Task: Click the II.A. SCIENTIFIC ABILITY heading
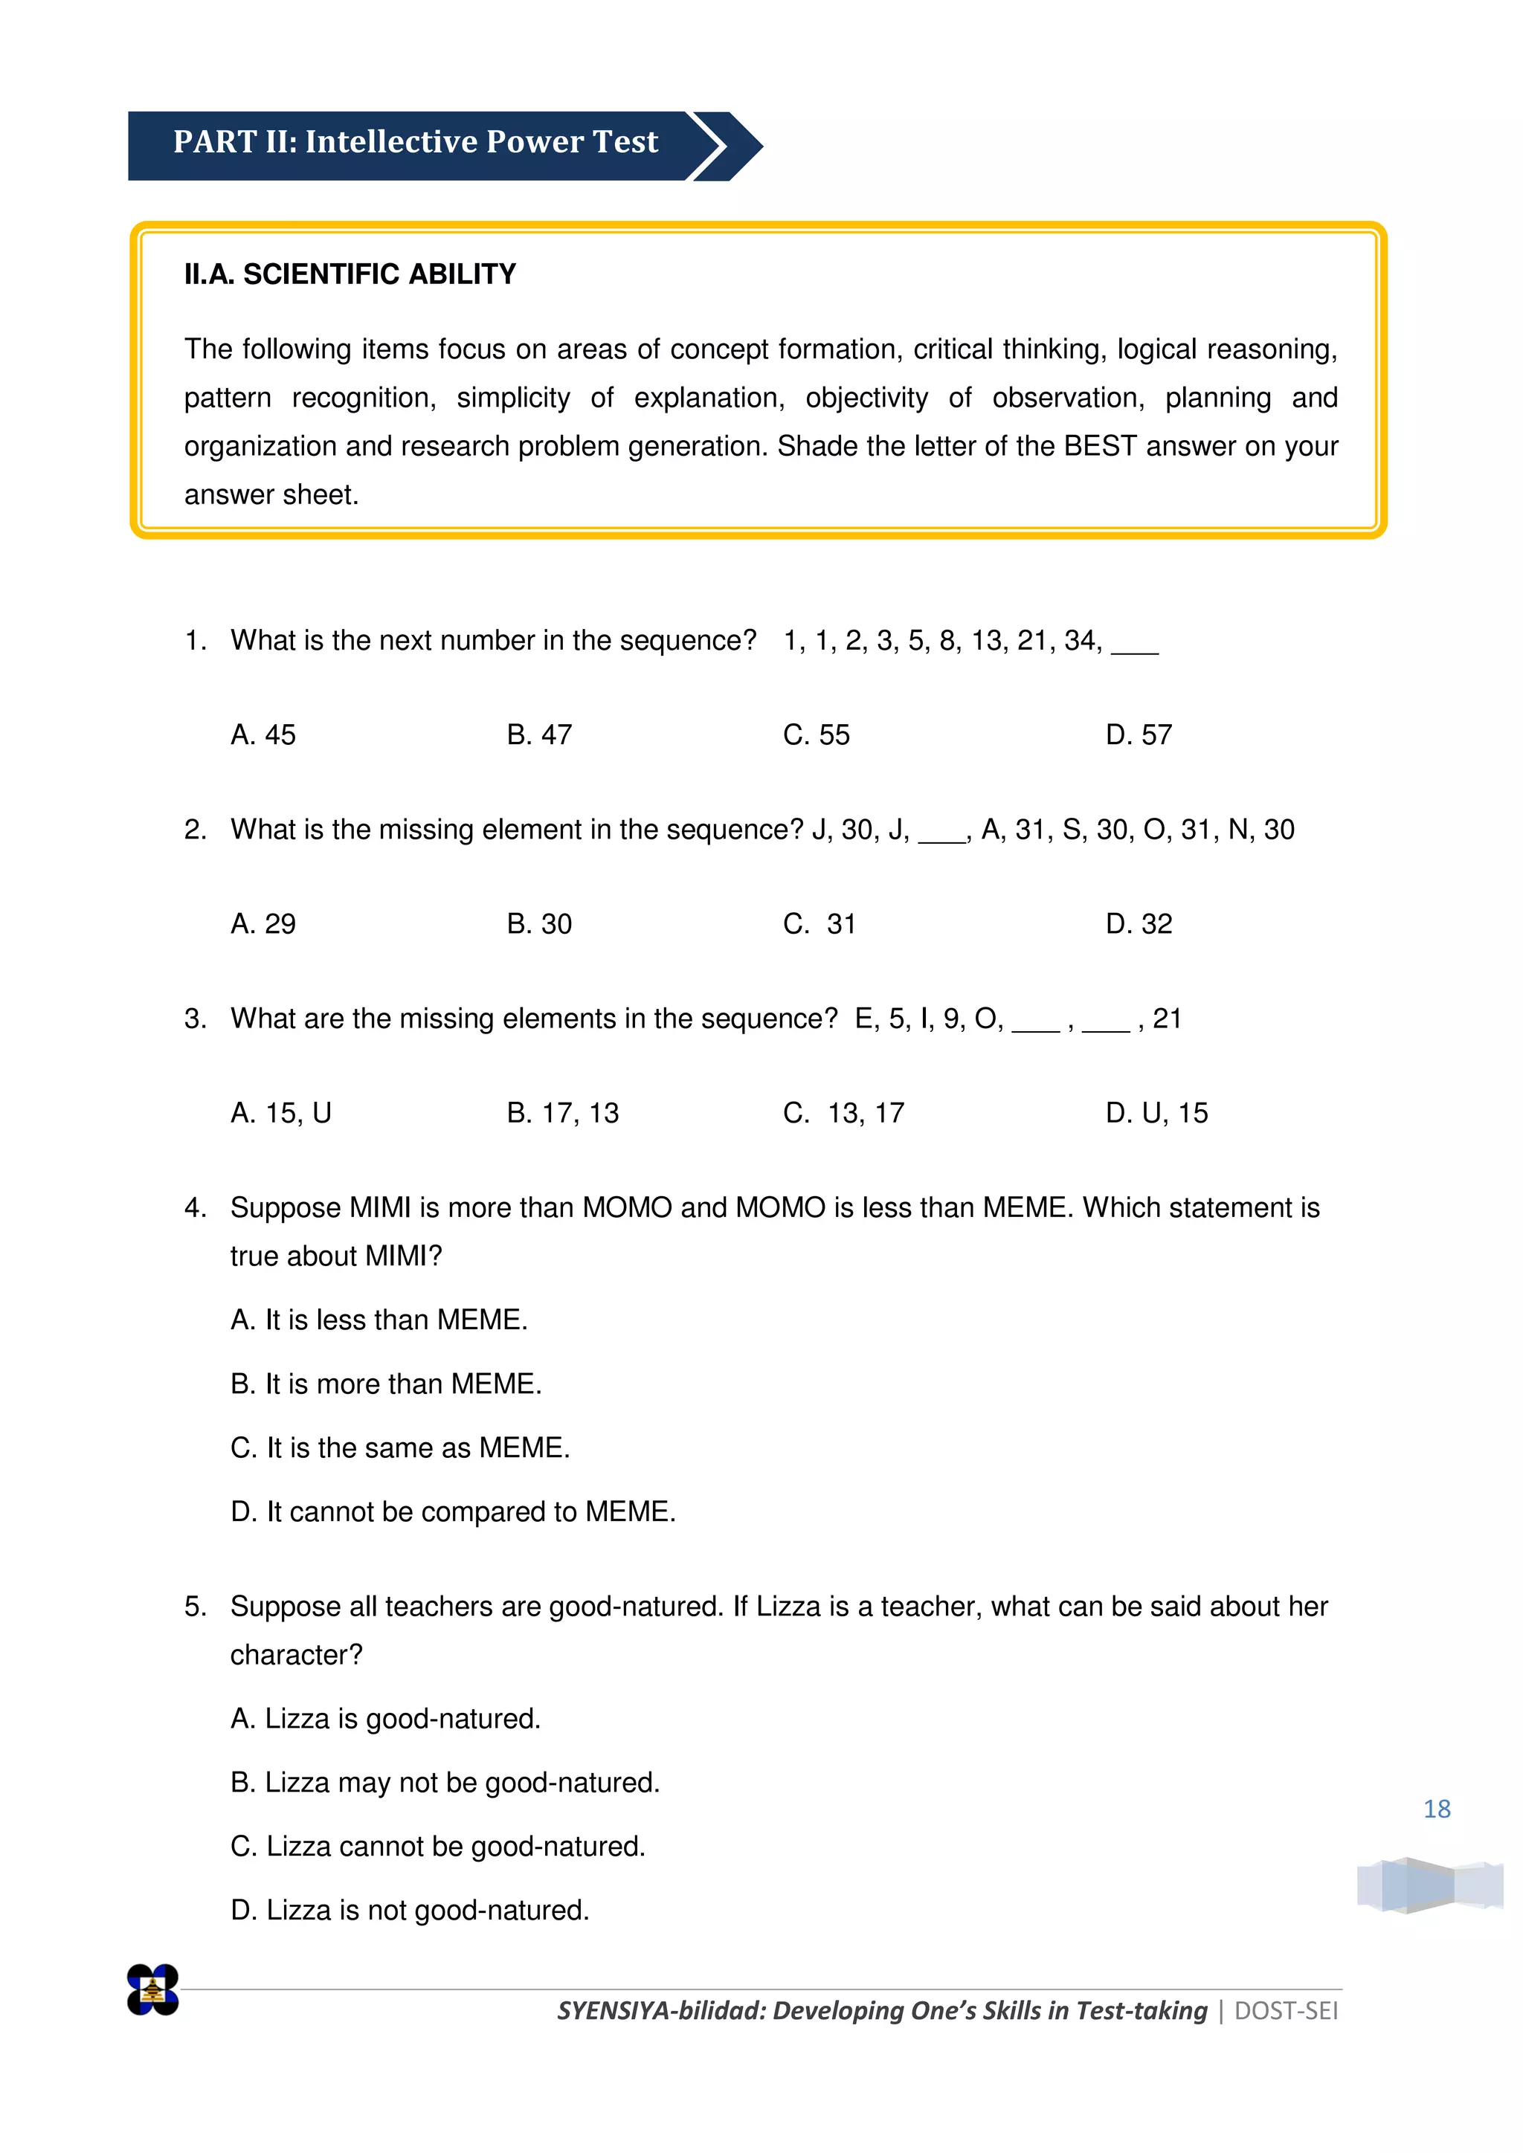click(350, 274)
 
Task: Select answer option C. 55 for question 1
click(816, 735)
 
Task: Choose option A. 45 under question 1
click(263, 735)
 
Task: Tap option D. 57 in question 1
click(1139, 735)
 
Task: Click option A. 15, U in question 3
click(280, 1113)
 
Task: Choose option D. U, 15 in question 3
click(1156, 1113)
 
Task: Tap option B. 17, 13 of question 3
click(563, 1113)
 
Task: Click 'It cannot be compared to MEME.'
click(453, 1511)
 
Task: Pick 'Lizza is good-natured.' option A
click(385, 1719)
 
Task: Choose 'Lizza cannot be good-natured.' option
click(438, 1847)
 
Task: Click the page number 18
click(1437, 1809)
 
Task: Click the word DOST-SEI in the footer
click(1286, 2012)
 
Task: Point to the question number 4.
click(194, 1208)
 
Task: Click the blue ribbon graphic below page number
click(1429, 1885)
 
